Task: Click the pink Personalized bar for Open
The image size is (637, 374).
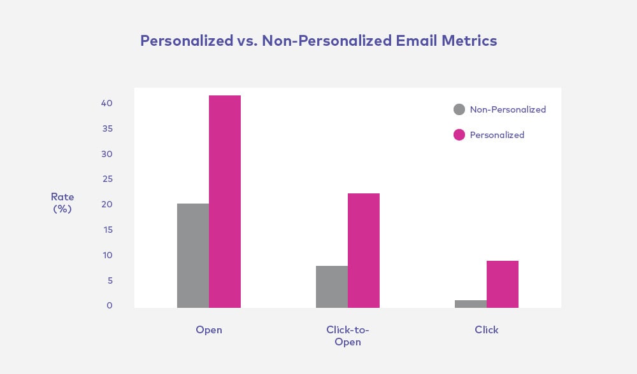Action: coord(225,202)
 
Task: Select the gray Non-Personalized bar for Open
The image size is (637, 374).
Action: coord(193,256)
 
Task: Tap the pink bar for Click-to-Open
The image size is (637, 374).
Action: coord(364,251)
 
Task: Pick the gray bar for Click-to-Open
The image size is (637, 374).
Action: coord(332,287)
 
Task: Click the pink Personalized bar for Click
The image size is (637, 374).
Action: coord(503,284)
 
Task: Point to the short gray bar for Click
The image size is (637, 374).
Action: coord(471,304)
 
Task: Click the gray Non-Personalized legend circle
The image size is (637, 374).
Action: coord(459,109)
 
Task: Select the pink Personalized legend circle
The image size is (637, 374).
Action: coord(459,135)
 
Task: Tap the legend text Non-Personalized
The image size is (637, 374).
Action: coord(508,109)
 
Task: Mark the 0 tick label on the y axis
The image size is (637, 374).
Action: coord(110,306)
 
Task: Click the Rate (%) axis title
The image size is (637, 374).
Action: coord(62,202)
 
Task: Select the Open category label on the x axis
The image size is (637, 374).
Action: coord(209,330)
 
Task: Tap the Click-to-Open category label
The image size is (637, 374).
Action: coord(348,336)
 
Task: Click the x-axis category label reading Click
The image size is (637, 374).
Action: coord(487,330)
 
